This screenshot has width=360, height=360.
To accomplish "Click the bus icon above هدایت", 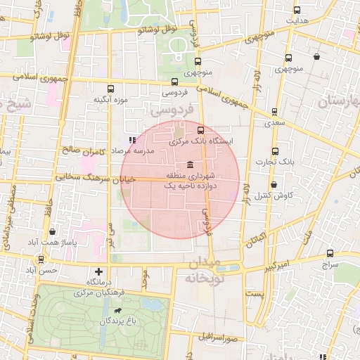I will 297,10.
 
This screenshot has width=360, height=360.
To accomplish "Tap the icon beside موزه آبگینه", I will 110,88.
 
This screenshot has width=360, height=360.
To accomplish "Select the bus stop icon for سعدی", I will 274,111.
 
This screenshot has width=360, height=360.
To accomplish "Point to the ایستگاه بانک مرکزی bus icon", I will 201,130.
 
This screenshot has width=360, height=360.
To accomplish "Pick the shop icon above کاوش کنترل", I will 274,184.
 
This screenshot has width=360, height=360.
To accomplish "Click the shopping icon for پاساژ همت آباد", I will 53,231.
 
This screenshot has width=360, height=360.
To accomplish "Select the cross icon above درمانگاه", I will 98,271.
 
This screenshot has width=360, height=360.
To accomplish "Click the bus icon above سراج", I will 330,253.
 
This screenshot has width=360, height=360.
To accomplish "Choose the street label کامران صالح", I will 83,150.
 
